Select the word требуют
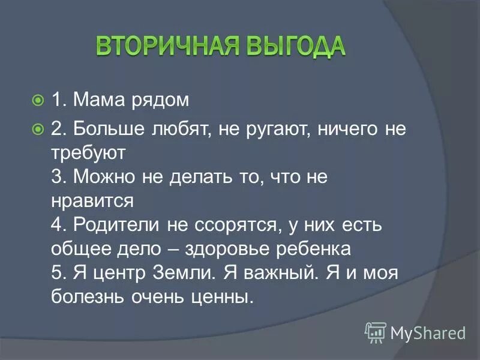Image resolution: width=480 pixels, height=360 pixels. click(88, 152)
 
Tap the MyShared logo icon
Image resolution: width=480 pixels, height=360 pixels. click(375, 331)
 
